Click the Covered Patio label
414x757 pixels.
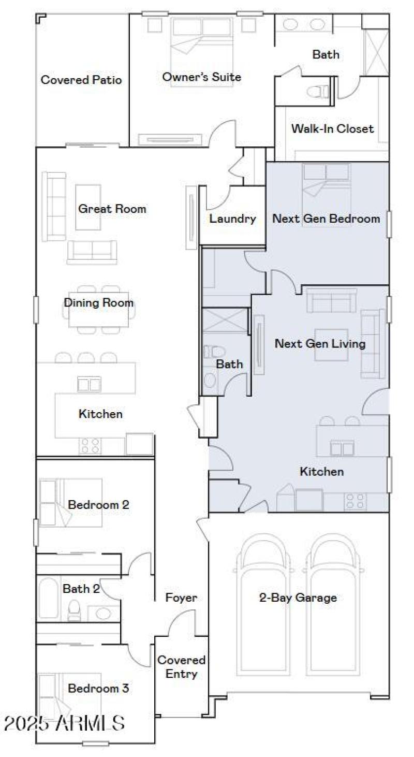click(81, 80)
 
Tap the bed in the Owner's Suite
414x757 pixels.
click(201, 52)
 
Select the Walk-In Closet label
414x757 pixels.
click(332, 128)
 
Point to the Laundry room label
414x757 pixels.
click(232, 219)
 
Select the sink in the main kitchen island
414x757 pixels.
click(89, 385)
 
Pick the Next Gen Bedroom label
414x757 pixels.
click(326, 219)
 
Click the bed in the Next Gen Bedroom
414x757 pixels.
click(326, 181)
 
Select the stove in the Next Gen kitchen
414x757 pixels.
click(356, 501)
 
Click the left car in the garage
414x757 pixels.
click(264, 595)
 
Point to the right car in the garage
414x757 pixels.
click(332, 595)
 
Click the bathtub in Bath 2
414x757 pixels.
click(48, 598)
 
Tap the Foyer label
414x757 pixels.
click(181, 598)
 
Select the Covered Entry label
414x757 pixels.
click(181, 667)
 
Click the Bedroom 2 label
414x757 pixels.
click(98, 504)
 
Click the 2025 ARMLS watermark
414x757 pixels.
click(64, 723)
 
